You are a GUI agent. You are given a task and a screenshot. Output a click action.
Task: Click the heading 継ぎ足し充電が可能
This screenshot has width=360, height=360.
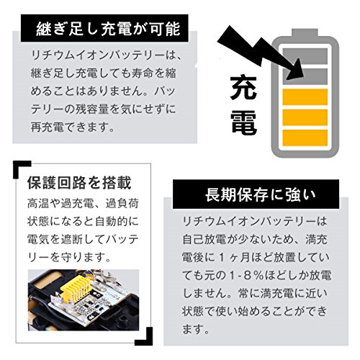(108, 29)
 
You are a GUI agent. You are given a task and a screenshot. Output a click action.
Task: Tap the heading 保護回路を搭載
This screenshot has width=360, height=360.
(79, 183)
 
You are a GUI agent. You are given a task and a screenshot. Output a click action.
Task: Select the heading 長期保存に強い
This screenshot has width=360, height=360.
(261, 194)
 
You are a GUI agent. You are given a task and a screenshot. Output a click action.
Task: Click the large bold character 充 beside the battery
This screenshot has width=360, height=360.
(243, 87)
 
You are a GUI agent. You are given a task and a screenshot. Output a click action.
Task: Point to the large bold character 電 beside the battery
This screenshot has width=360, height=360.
(244, 122)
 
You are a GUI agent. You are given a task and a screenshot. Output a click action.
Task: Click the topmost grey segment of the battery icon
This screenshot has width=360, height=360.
(305, 56)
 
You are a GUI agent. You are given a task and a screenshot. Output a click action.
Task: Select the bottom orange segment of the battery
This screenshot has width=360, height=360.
(305, 138)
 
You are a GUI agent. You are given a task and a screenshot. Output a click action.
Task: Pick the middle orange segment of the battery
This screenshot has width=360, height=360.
(305, 117)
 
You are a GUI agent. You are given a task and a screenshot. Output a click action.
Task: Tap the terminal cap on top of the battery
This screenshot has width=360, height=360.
(305, 32)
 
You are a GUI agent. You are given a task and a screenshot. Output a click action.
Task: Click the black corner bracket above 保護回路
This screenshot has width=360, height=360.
(20, 168)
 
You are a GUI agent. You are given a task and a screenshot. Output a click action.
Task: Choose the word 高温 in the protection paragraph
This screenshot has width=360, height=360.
(38, 204)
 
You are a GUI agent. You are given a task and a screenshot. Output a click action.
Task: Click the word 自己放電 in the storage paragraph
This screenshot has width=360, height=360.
(204, 239)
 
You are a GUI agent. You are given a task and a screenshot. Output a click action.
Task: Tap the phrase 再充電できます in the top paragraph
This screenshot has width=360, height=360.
(72, 127)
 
